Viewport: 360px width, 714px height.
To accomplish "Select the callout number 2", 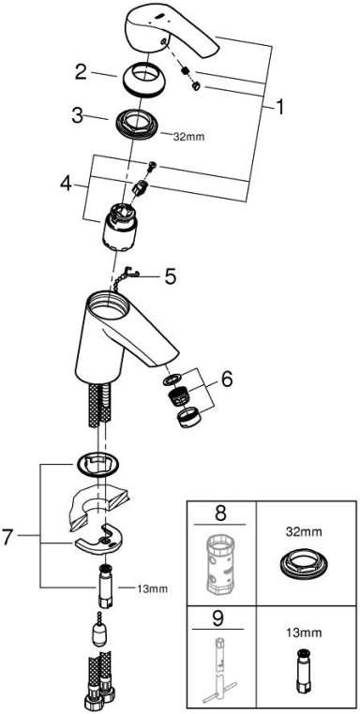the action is [x=81, y=72].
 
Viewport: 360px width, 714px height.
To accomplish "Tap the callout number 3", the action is [x=78, y=115].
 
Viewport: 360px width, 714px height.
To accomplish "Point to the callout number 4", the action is [x=67, y=184].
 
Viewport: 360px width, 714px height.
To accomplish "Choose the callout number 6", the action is [x=227, y=379].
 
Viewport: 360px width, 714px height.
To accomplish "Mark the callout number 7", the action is [x=7, y=537].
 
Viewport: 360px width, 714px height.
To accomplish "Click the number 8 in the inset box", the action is [x=220, y=513].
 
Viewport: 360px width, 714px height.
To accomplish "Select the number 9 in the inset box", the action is [x=220, y=619].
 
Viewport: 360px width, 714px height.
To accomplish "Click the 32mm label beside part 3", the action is [x=189, y=136].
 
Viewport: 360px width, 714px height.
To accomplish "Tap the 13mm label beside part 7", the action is [x=152, y=588].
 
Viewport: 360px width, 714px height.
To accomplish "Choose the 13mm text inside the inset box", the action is [x=305, y=632].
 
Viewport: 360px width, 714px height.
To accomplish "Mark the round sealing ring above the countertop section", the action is [x=99, y=466].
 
